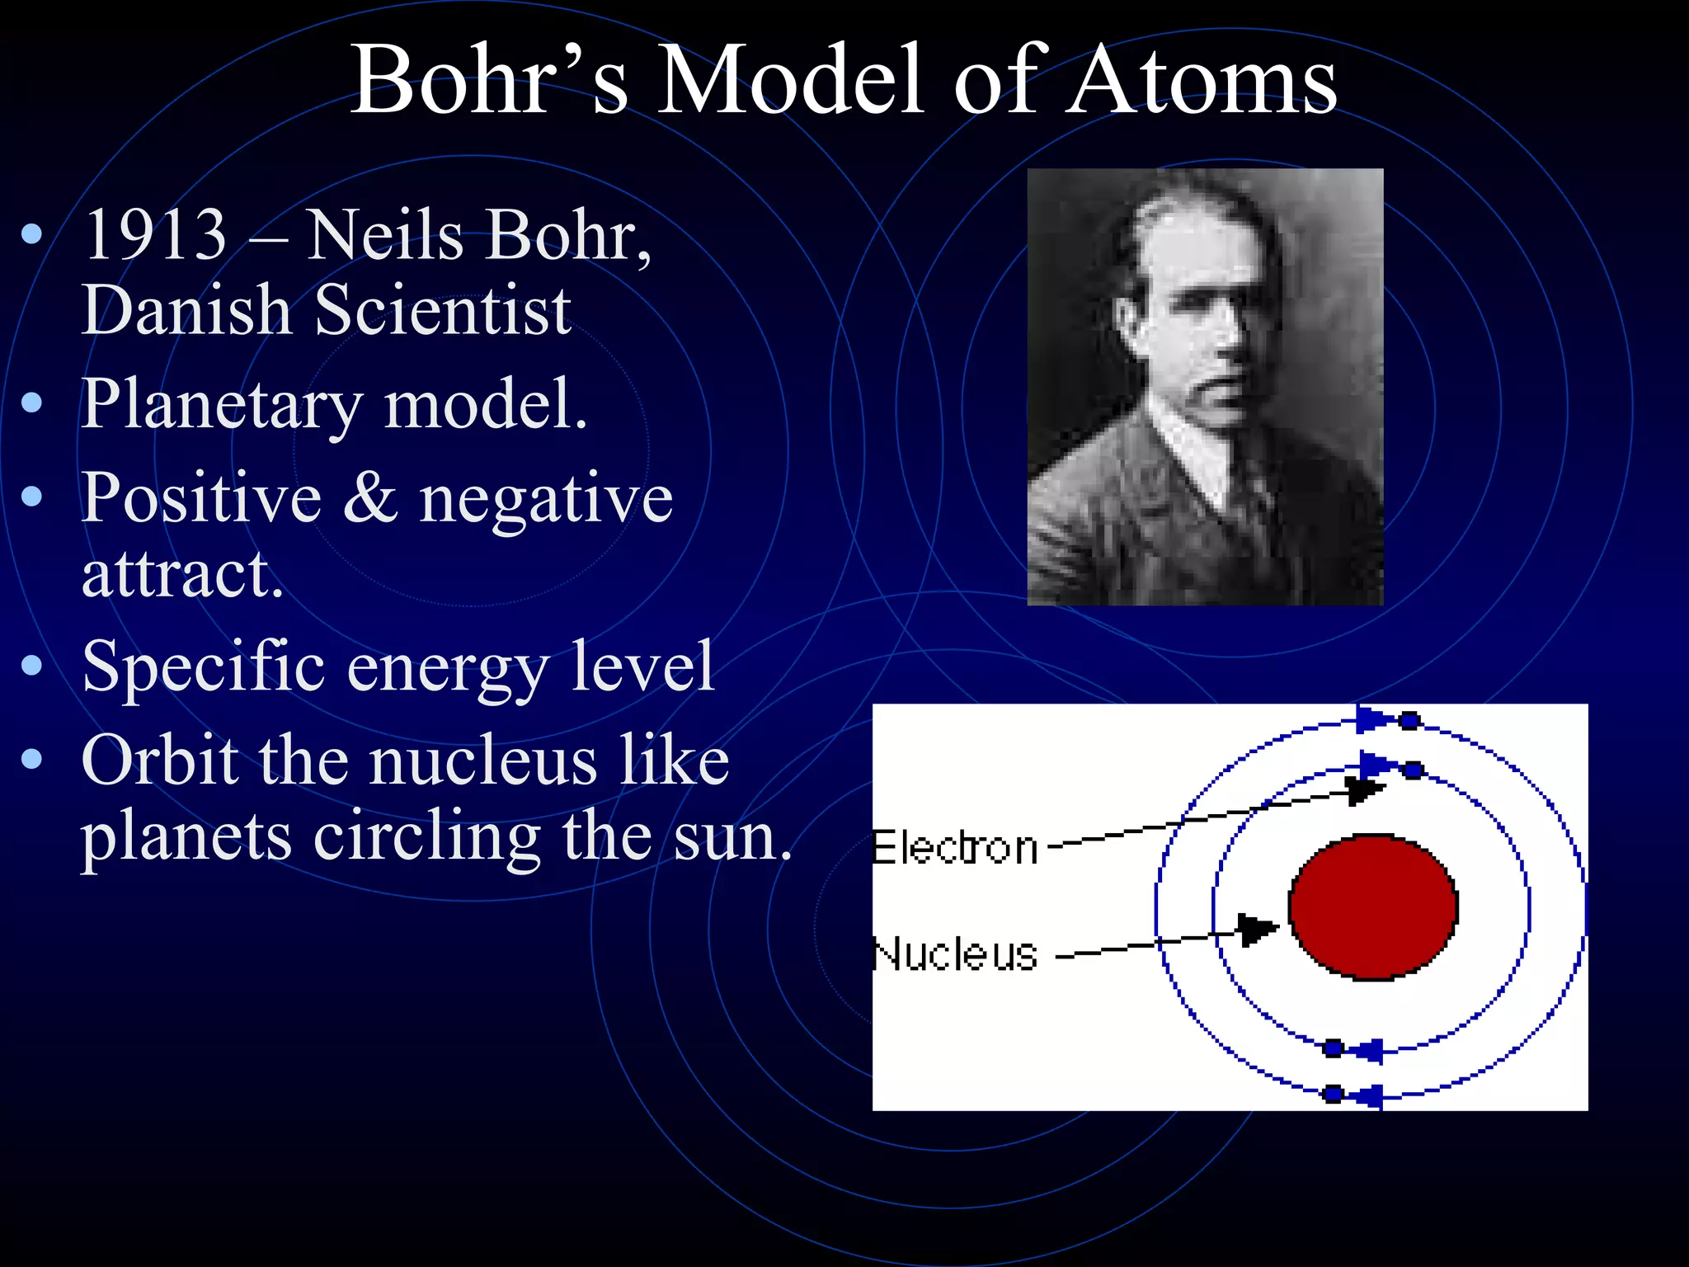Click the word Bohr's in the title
pyautogui.click(x=489, y=80)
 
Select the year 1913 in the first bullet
pyautogui.click(x=155, y=236)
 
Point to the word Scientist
pyautogui.click(x=443, y=311)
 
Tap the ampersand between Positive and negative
pyautogui.click(x=370, y=498)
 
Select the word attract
pyautogui.click(x=182, y=574)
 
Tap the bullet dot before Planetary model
pyautogui.click(x=32, y=403)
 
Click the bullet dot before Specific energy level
pyautogui.click(x=32, y=666)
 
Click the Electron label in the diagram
pyautogui.click(x=955, y=849)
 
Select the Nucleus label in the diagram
pyautogui.click(x=955, y=955)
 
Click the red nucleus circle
pyautogui.click(x=1373, y=907)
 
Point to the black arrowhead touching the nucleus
pyautogui.click(x=1257, y=930)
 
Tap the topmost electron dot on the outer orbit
pyautogui.click(x=1409, y=721)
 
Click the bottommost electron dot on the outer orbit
pyautogui.click(x=1333, y=1095)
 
